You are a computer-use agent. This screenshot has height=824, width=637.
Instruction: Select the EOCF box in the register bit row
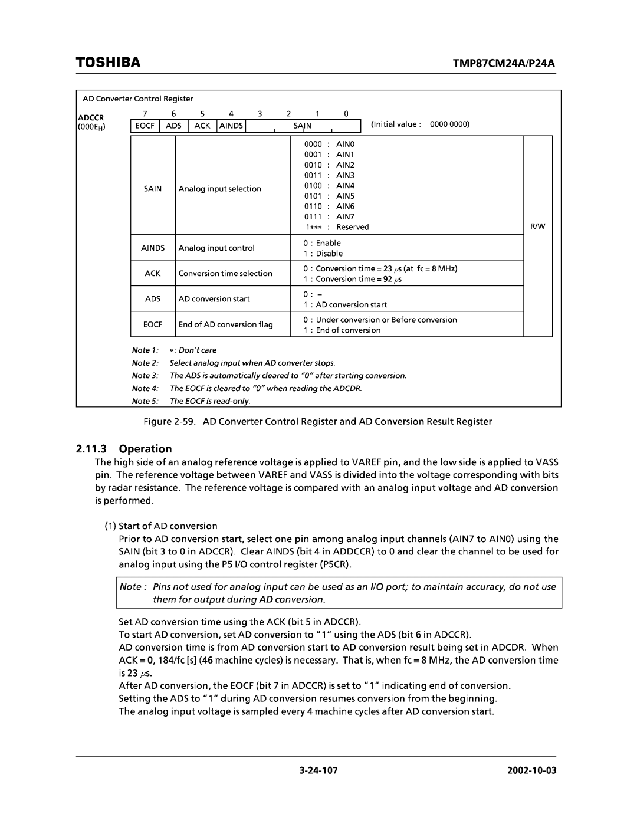coord(145,126)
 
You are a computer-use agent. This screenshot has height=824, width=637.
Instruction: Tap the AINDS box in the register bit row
coord(231,126)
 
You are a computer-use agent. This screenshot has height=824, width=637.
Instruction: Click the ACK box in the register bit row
coord(202,126)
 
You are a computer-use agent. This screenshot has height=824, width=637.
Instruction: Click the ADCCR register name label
coord(93,117)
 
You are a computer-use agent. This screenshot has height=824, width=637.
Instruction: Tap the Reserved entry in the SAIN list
coord(352,227)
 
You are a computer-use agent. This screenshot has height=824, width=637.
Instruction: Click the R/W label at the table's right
coord(537,227)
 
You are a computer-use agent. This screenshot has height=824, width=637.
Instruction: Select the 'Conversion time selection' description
coord(225,274)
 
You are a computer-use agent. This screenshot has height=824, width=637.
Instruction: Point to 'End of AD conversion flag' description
coord(225,324)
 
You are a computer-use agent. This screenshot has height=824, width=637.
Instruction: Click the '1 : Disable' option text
coord(323,254)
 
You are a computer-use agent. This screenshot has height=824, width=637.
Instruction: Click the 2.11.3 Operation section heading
coord(124,448)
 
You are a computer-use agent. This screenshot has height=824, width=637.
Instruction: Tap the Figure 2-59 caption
coord(318,421)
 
